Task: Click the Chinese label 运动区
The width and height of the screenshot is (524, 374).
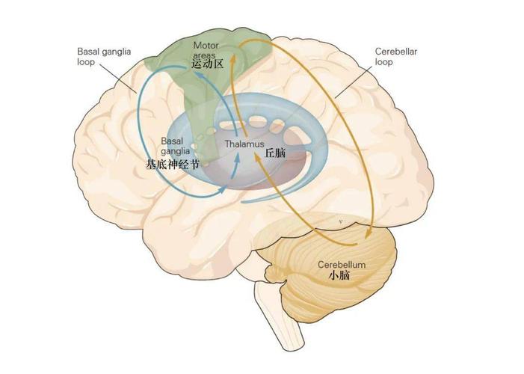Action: click(207, 65)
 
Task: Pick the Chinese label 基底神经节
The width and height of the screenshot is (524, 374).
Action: click(172, 163)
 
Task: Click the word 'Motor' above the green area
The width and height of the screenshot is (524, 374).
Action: click(206, 45)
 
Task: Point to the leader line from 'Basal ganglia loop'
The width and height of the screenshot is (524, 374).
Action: click(124, 79)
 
